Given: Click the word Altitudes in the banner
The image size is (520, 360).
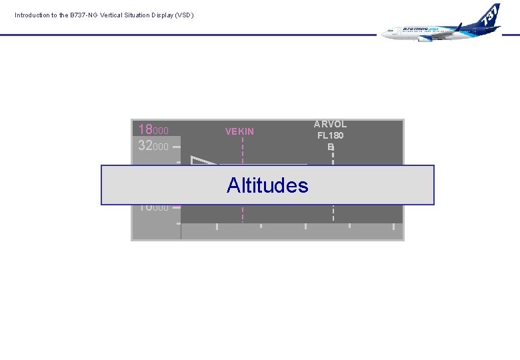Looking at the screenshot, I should point(267,185).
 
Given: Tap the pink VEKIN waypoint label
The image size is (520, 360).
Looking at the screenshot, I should point(239,131).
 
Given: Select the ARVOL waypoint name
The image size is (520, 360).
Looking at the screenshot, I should point(330,124).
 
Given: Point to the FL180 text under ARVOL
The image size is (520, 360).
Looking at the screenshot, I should point(330,135).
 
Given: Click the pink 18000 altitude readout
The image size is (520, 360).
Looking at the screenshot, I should point(153,130).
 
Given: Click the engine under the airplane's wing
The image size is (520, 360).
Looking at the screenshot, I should point(424,38).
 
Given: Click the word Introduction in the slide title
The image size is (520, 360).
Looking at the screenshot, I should point(32,15).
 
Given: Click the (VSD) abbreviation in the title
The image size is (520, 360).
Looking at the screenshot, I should point(185,15).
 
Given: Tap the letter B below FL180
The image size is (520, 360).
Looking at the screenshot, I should point(330,147).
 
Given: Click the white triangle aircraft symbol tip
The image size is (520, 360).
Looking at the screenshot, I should point(193,157).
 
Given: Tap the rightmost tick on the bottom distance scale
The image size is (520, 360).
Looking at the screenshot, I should point(394,227).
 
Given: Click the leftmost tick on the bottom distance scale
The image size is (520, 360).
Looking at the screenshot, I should point(217,227).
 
